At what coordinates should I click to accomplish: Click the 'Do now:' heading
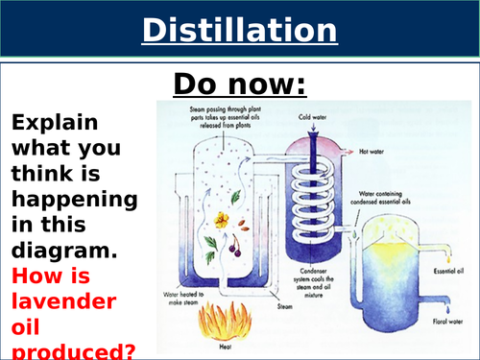click(239, 84)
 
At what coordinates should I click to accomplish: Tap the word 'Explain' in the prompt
click(54, 123)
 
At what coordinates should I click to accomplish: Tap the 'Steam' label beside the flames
click(284, 306)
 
